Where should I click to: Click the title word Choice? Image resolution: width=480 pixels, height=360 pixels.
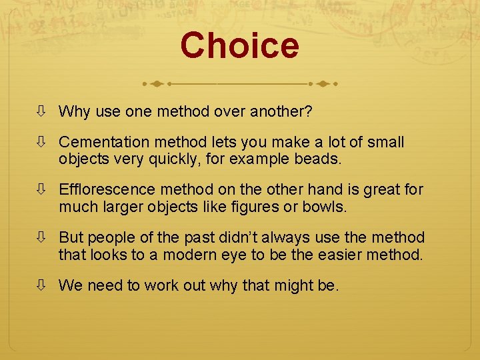click(239, 45)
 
